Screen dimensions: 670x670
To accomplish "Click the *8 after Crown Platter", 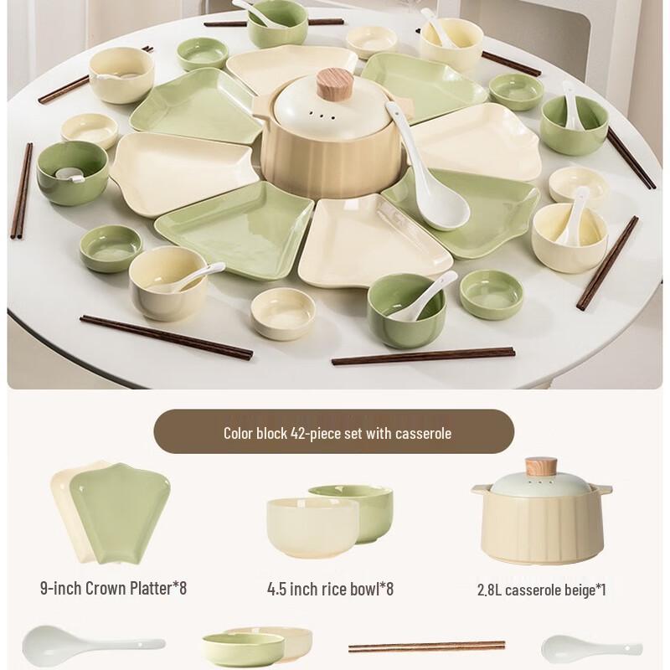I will click(x=178, y=588).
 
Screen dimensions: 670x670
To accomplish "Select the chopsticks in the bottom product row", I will click(x=426, y=646).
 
